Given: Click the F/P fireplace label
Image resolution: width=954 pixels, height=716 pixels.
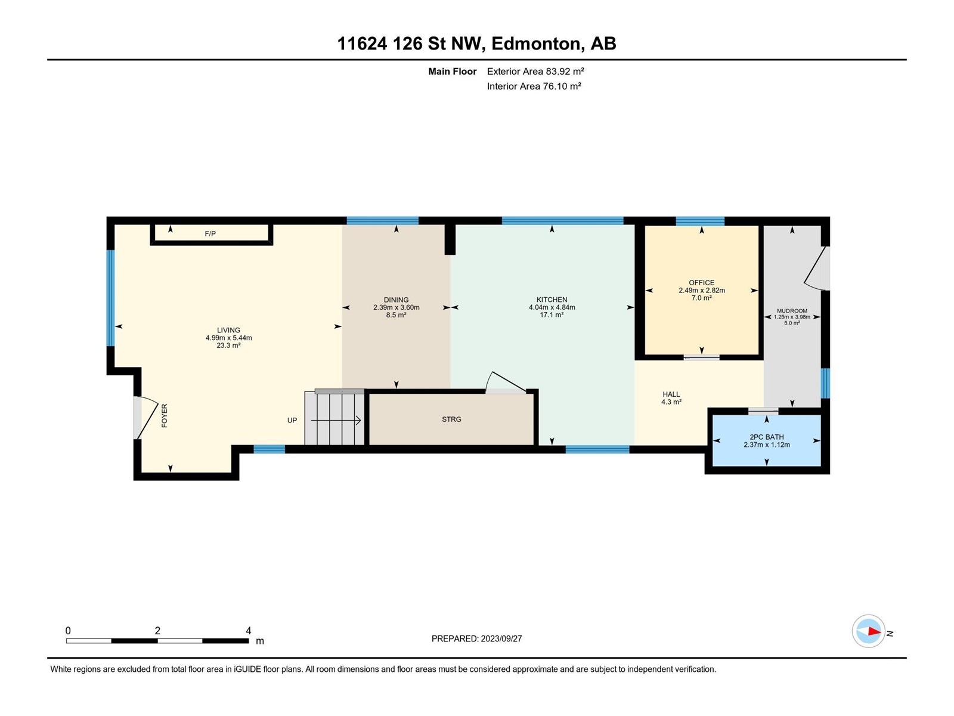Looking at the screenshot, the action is tap(210, 234).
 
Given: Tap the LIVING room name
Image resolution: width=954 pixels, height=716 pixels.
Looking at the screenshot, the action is tap(228, 330).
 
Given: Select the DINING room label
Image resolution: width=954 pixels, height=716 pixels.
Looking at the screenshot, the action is tap(396, 300).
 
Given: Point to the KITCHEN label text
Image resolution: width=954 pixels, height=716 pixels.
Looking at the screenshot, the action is tap(552, 300).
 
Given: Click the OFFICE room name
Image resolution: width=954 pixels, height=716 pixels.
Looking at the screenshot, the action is tap(701, 283).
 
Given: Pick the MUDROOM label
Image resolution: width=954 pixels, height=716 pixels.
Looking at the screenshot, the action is tap(792, 311).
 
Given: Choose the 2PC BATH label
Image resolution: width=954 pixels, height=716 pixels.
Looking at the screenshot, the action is tap(767, 437).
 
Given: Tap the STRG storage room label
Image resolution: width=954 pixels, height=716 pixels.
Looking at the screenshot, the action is tap(451, 419).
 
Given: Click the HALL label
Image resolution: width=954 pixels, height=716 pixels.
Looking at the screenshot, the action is tap(671, 394).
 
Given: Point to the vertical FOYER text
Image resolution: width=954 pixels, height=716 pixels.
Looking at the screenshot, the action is tap(165, 416).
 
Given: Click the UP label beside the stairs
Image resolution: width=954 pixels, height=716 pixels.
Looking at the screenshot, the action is tap(292, 420).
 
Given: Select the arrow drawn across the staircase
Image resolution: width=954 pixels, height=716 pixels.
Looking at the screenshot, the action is tap(336, 421).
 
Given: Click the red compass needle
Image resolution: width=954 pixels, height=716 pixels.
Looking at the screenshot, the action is tap(874, 631).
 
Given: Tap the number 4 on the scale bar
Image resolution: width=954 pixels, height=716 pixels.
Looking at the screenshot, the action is tap(249, 630).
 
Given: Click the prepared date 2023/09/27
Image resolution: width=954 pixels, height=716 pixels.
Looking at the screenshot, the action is tap(501, 638).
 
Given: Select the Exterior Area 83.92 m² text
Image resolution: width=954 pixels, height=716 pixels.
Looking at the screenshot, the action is tap(535, 71).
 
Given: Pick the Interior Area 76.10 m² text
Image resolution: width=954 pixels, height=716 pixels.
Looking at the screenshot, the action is tap(534, 86).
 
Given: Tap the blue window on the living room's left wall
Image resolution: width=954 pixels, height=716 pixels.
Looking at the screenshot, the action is tap(111, 298).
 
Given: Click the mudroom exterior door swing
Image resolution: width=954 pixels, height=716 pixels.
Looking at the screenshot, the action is tap(816, 268).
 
